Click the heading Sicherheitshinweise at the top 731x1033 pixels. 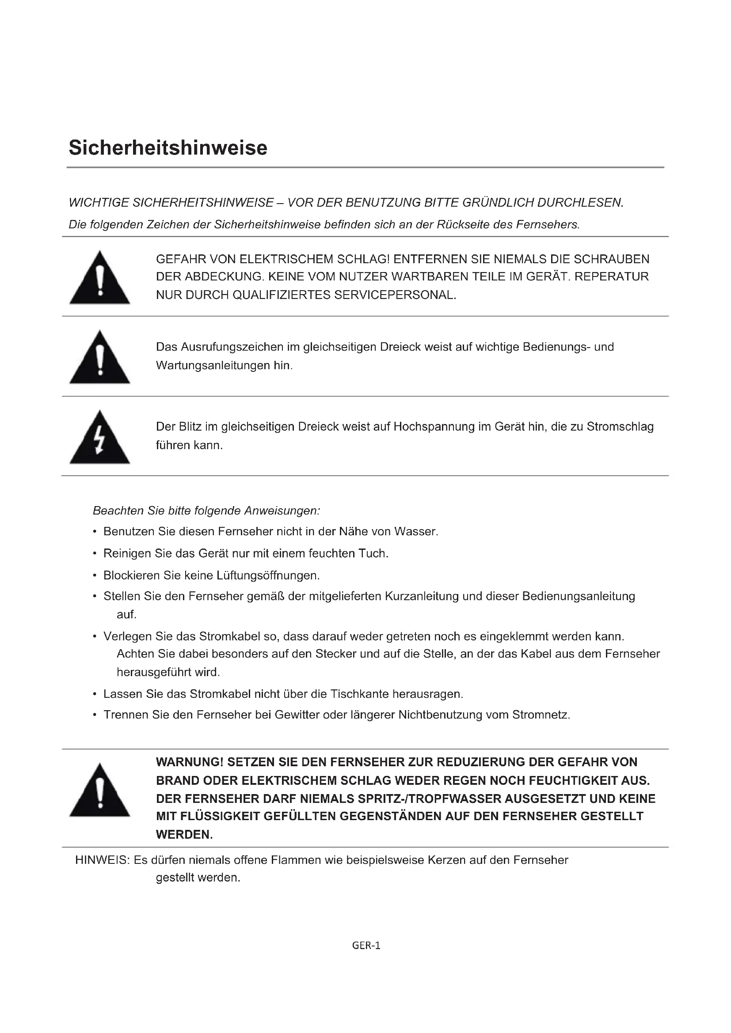168,148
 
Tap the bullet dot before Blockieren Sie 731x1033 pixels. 95,576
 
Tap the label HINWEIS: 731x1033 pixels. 102,860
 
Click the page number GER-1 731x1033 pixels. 366,946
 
